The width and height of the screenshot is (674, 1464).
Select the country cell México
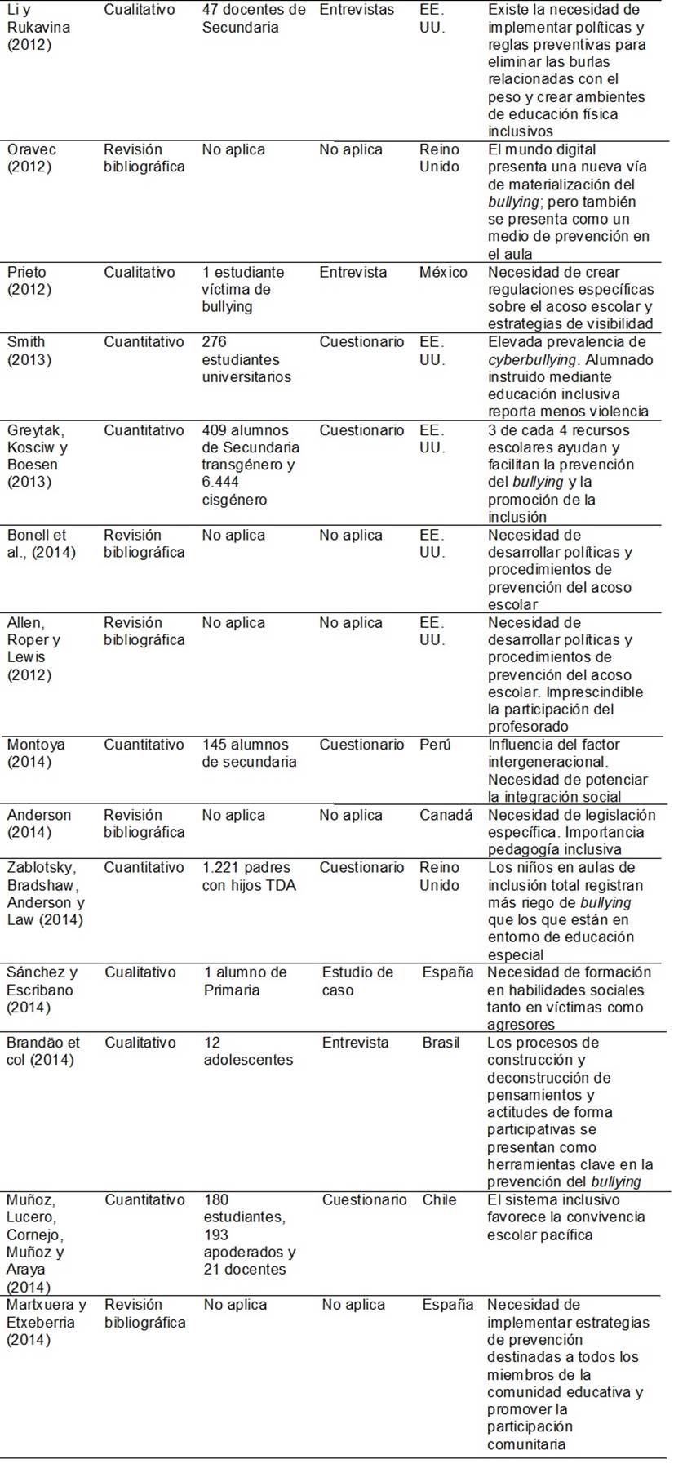tap(443, 273)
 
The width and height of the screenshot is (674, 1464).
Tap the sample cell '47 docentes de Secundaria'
tap(254, 19)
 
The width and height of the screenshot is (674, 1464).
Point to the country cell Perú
tap(435, 745)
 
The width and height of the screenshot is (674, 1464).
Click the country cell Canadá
tap(446, 815)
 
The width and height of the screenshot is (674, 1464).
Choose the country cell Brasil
tap(441, 1043)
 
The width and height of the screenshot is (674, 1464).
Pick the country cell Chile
tap(439, 1200)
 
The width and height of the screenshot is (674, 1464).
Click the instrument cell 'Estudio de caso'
tap(357, 981)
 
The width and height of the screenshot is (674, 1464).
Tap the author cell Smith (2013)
tap(29, 351)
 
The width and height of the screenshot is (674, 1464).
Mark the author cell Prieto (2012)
tap(29, 281)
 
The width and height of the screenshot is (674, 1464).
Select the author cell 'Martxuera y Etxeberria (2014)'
tap(47, 1322)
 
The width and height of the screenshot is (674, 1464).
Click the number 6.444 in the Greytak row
tap(220, 483)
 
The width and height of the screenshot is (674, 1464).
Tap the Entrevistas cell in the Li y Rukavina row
tap(357, 11)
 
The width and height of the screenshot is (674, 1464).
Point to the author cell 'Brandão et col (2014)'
tap(43, 1052)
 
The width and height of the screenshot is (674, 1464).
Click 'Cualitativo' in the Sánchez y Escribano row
tap(140, 972)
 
